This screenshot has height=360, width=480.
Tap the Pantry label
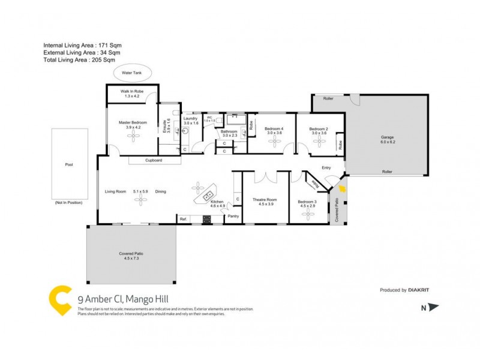coord(233,217)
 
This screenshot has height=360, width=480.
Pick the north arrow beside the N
coord(434,308)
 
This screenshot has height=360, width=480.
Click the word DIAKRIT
coord(418,290)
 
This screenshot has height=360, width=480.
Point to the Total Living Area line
coord(79,61)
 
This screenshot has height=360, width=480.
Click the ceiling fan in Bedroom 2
coord(318,142)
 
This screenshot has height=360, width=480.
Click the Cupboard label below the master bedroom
coord(154,160)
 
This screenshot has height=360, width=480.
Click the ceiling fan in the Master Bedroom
coord(132,136)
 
